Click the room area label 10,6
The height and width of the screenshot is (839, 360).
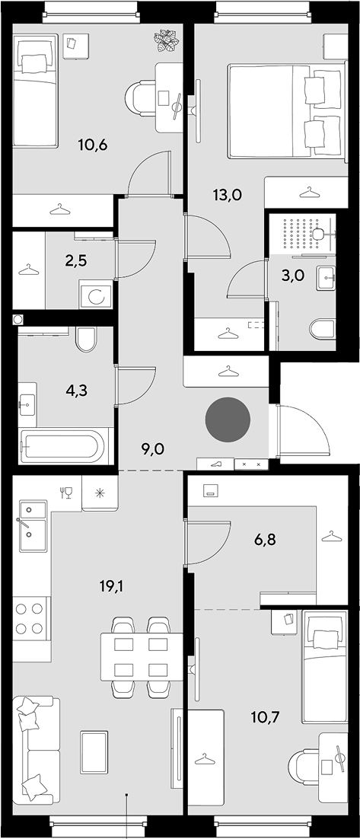[93, 145]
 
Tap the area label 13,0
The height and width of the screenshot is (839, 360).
[228, 195]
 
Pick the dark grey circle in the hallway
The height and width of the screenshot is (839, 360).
[228, 419]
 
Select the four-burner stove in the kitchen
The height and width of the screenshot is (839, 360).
[30, 618]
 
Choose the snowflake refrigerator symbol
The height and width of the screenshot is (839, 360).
[100, 493]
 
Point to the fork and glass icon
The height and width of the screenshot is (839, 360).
[66, 493]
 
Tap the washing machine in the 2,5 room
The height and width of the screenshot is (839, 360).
[97, 295]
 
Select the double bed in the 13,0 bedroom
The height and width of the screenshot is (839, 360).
[285, 110]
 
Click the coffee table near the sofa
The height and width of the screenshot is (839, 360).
[94, 753]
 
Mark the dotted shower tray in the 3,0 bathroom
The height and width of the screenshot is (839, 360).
[303, 233]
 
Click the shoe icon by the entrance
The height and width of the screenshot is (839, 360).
[215, 464]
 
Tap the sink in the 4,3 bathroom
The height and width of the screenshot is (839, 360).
[27, 405]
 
